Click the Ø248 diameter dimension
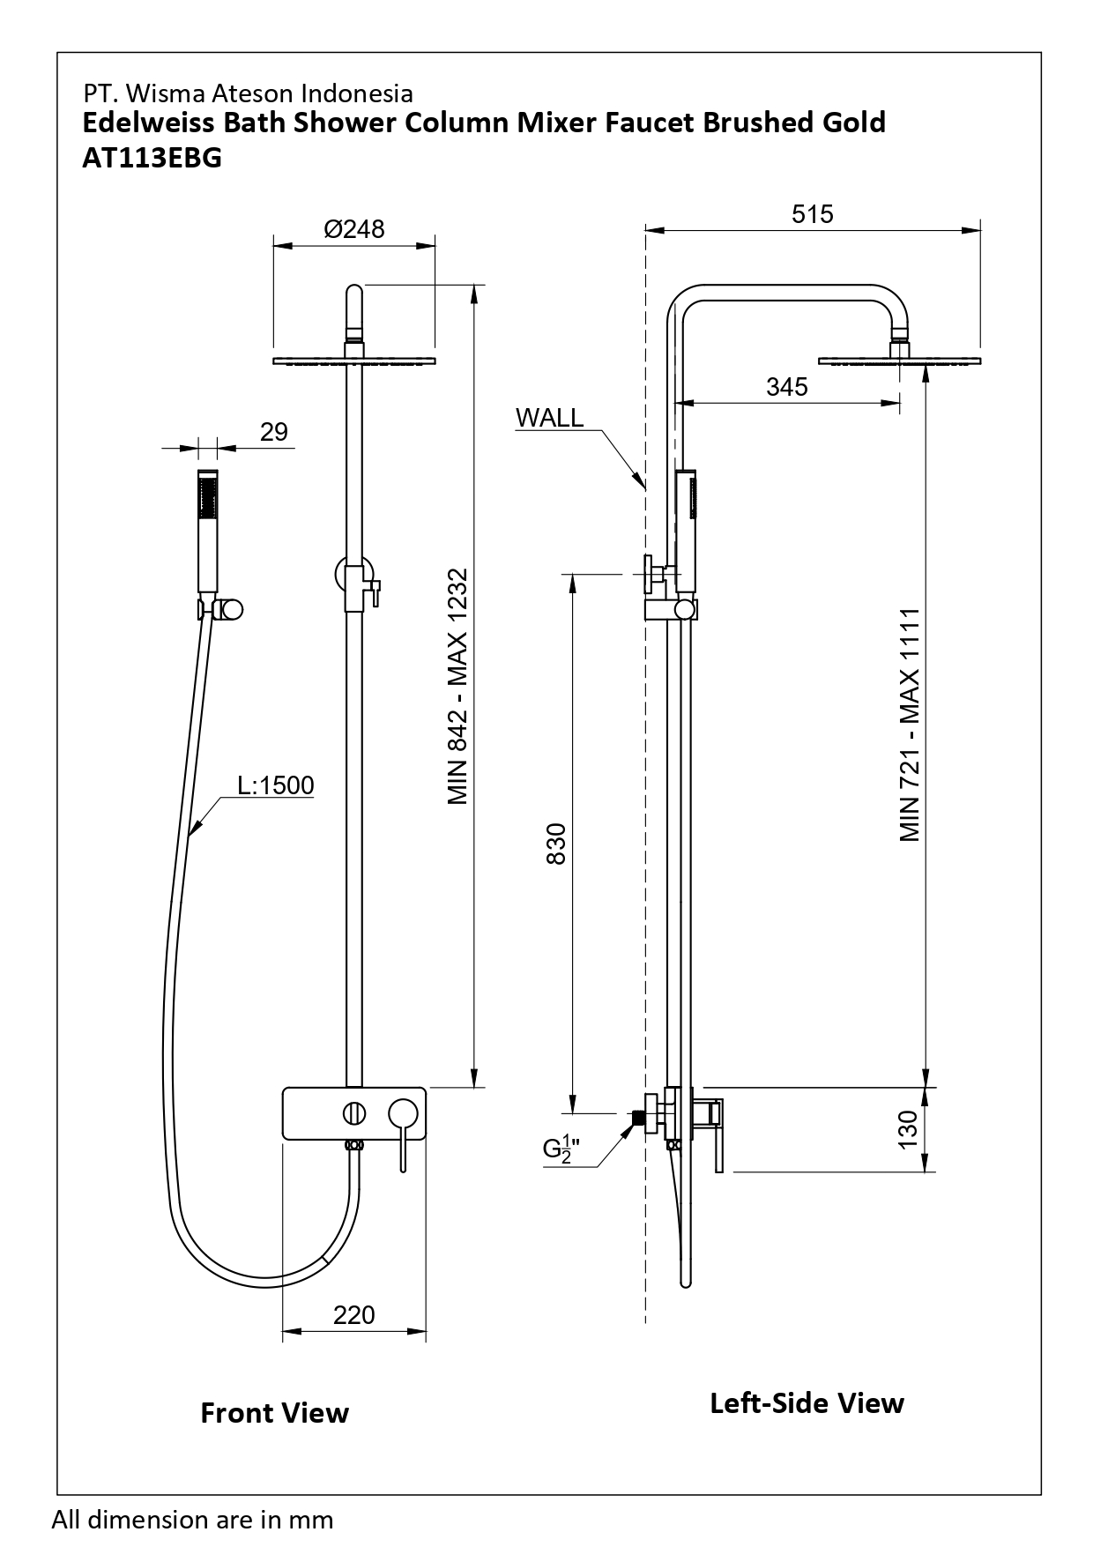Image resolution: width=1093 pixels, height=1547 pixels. pos(354,229)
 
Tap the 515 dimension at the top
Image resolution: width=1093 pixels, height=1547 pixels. pos(812,214)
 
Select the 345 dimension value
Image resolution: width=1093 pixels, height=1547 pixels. pos(786,387)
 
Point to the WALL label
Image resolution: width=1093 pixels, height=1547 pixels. pos(549,418)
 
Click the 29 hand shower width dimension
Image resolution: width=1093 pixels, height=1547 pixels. pos(274,432)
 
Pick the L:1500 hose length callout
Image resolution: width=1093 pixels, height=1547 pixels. pos(276,785)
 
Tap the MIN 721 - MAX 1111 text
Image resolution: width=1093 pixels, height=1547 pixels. pos(911,724)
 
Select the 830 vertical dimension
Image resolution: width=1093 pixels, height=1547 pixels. pos(556,844)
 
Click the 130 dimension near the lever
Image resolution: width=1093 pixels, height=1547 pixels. pos(908,1129)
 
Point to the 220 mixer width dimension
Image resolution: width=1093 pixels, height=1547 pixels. pos(354,1315)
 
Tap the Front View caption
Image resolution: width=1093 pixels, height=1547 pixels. pos(274,1413)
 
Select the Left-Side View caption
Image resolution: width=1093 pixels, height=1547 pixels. pos(807,1402)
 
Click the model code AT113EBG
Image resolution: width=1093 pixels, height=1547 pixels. pos(152,158)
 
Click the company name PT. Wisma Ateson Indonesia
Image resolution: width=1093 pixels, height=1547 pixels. pos(248,93)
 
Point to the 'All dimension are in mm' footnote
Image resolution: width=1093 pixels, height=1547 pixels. pos(193,1520)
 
